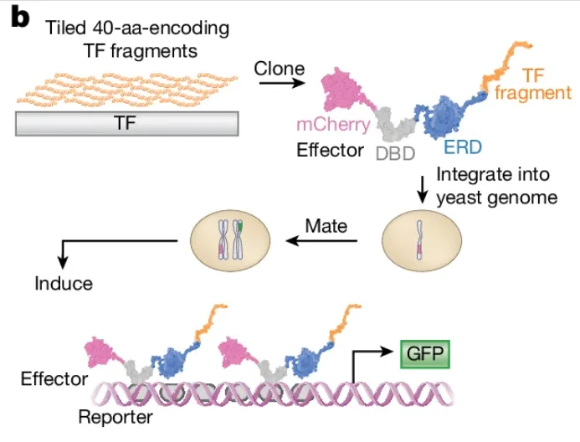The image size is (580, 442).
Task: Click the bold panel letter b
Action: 18,17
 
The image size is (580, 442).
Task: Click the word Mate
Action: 326,225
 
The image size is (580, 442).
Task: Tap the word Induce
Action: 64,283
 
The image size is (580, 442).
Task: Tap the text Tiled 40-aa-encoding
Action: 135,29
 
